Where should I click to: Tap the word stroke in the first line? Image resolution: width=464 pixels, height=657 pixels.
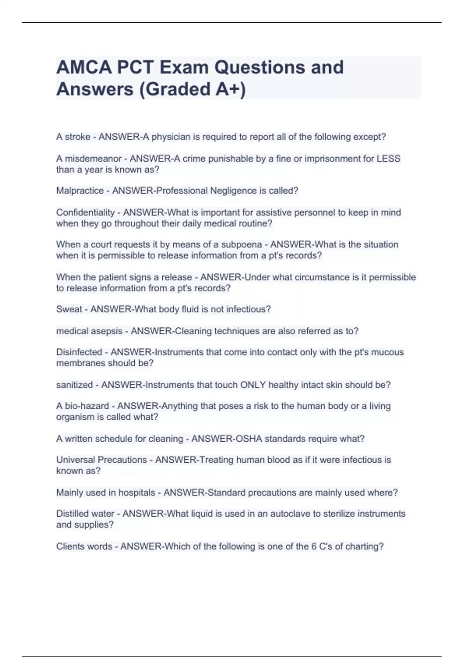tap(78, 137)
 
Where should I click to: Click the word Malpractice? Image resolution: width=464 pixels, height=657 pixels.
tap(80, 191)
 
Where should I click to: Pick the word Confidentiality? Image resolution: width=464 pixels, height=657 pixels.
tap(85, 212)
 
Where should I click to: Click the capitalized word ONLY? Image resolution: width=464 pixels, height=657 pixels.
tap(253, 385)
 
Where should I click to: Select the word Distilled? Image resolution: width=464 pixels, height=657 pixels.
tap(73, 514)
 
